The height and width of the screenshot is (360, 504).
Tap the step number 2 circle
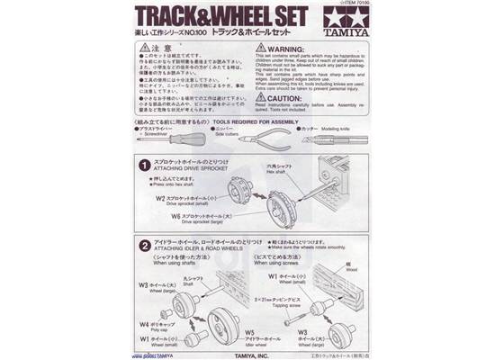tap(144, 244)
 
